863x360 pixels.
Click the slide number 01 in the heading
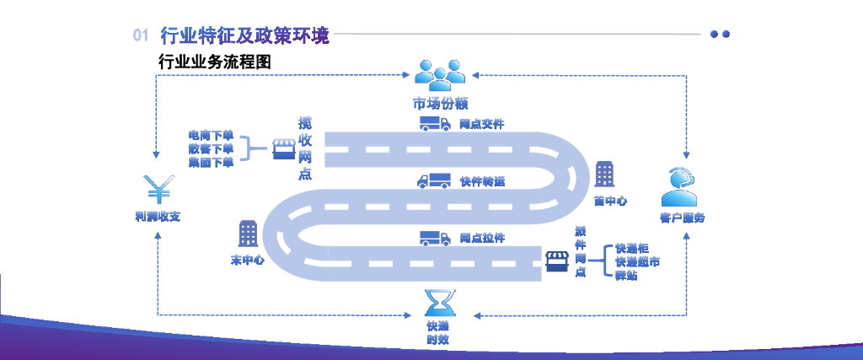141,35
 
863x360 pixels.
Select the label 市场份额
440,104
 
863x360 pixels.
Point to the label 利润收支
158,217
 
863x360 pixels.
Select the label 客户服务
682,218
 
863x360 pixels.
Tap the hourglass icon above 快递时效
437,302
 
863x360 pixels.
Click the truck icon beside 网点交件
434,124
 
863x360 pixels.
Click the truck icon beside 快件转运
433,180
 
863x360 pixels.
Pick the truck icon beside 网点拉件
434,239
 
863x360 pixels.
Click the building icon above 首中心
604,175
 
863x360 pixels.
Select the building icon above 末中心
248,234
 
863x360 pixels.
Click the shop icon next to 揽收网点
282,150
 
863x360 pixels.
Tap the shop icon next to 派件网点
556,260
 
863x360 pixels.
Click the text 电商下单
211,135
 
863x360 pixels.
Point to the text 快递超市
637,261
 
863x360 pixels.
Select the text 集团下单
211,163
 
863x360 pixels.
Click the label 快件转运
482,181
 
